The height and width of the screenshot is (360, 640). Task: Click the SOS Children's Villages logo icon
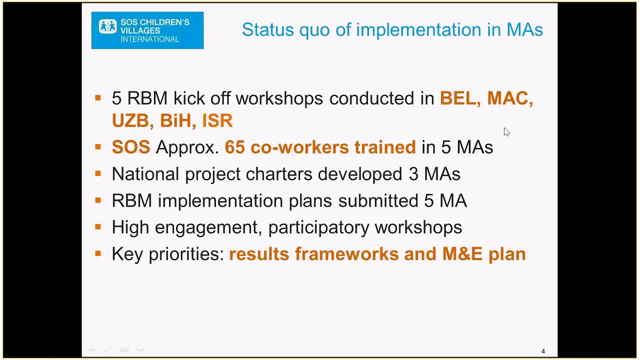pos(107,26)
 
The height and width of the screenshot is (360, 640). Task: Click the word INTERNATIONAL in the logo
pos(150,39)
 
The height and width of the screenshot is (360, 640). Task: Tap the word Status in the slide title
pos(268,29)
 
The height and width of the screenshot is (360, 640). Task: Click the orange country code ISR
pos(217,120)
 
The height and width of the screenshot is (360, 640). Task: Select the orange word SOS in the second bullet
pos(131,147)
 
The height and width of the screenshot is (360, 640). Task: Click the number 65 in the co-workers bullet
pos(235,147)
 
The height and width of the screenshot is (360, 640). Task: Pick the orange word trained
pos(385,147)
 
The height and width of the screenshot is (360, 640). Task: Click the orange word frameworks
pos(347,254)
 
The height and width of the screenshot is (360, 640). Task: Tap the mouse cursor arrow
pos(506,131)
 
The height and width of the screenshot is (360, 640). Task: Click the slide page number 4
pos(543,351)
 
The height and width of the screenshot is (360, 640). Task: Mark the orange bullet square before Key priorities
pos(98,253)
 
